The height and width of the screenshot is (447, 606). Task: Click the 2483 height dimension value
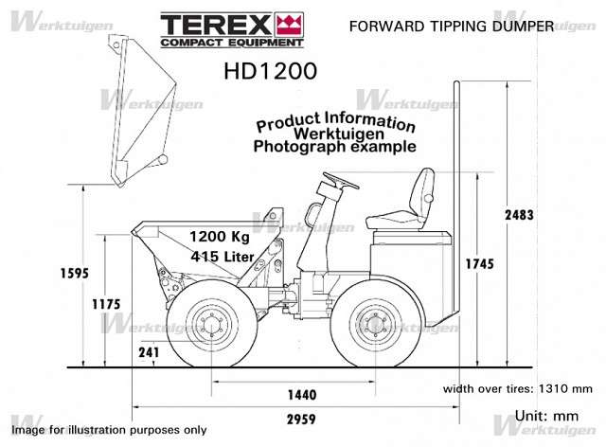[x=519, y=215]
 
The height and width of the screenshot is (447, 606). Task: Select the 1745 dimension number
[x=480, y=264]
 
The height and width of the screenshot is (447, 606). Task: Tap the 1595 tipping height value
[x=74, y=274]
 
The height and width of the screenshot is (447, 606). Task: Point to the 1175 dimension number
[x=106, y=304]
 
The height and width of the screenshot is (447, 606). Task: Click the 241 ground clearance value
[x=149, y=352]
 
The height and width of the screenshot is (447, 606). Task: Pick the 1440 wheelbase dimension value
[x=302, y=395]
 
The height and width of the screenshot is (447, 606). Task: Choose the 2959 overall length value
[x=301, y=420]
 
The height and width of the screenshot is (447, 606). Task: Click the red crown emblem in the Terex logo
[x=289, y=24]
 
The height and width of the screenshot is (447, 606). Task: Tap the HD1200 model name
[x=271, y=71]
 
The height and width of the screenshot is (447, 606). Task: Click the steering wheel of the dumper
[x=341, y=181]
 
